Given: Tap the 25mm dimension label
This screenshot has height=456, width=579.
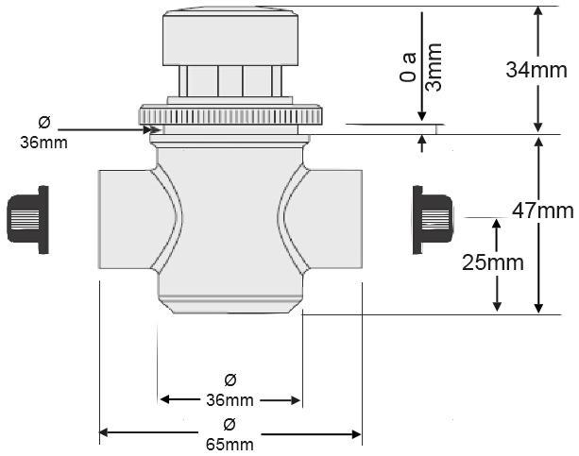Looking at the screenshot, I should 492,263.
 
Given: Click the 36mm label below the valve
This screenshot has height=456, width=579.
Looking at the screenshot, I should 230,399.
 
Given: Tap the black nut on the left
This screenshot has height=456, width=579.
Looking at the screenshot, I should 27,220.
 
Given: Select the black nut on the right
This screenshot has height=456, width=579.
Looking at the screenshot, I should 433,219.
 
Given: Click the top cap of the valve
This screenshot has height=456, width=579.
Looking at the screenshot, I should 230,38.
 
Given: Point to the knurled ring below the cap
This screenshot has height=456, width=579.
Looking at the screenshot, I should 232,116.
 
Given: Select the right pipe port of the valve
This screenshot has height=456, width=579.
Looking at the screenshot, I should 333,218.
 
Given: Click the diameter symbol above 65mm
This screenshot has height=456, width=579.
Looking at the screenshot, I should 230,424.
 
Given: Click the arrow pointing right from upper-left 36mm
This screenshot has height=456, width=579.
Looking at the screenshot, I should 104,128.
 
